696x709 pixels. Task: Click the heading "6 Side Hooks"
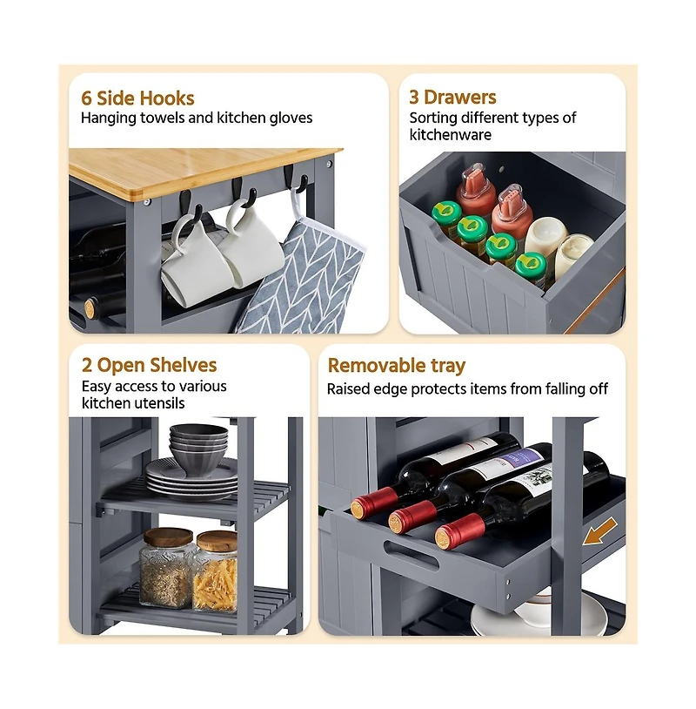(x=137, y=98)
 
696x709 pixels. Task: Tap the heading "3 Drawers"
(x=452, y=98)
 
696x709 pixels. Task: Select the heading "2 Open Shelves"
(x=149, y=365)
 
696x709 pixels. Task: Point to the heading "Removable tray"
(x=396, y=365)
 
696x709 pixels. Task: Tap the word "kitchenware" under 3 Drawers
(x=451, y=135)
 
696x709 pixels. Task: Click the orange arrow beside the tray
(x=599, y=532)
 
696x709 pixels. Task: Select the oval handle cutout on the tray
(x=411, y=555)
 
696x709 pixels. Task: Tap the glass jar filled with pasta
(x=216, y=572)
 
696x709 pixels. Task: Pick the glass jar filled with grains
(x=165, y=568)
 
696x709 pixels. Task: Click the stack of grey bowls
(x=198, y=449)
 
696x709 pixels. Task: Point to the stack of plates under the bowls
(x=191, y=479)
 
